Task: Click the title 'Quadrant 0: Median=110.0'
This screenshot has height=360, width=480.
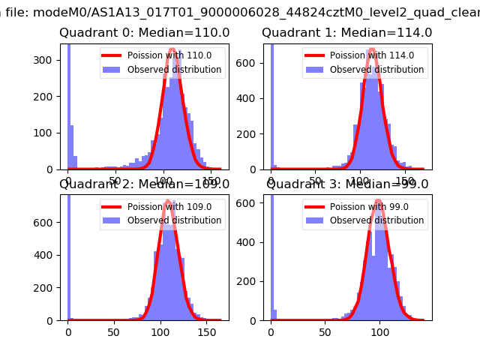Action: point(145,33)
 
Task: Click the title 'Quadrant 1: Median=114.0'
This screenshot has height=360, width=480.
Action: point(346,33)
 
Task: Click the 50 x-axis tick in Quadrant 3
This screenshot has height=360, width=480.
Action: point(325,331)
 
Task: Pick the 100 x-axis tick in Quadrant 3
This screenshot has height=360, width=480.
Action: point(379,331)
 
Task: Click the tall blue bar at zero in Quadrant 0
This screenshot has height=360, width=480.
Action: point(68,105)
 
